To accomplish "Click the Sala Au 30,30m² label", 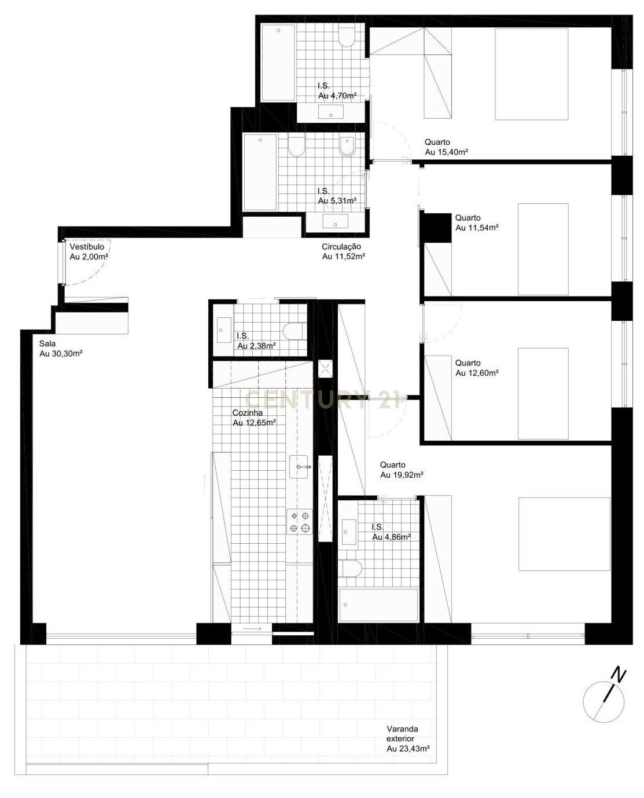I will click(x=60, y=349).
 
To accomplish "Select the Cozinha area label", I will click(x=253, y=418).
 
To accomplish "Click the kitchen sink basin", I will click(x=300, y=466).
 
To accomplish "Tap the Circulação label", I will click(x=343, y=251).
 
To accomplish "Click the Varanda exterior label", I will click(x=407, y=739).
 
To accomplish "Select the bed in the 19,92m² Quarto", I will click(x=564, y=533).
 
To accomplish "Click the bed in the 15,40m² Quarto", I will click(x=531, y=74).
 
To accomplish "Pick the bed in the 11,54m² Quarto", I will click(x=543, y=249).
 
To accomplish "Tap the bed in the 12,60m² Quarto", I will click(x=543, y=394).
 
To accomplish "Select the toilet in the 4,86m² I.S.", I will click(x=351, y=568).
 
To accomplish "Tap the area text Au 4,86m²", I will click(x=391, y=537).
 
